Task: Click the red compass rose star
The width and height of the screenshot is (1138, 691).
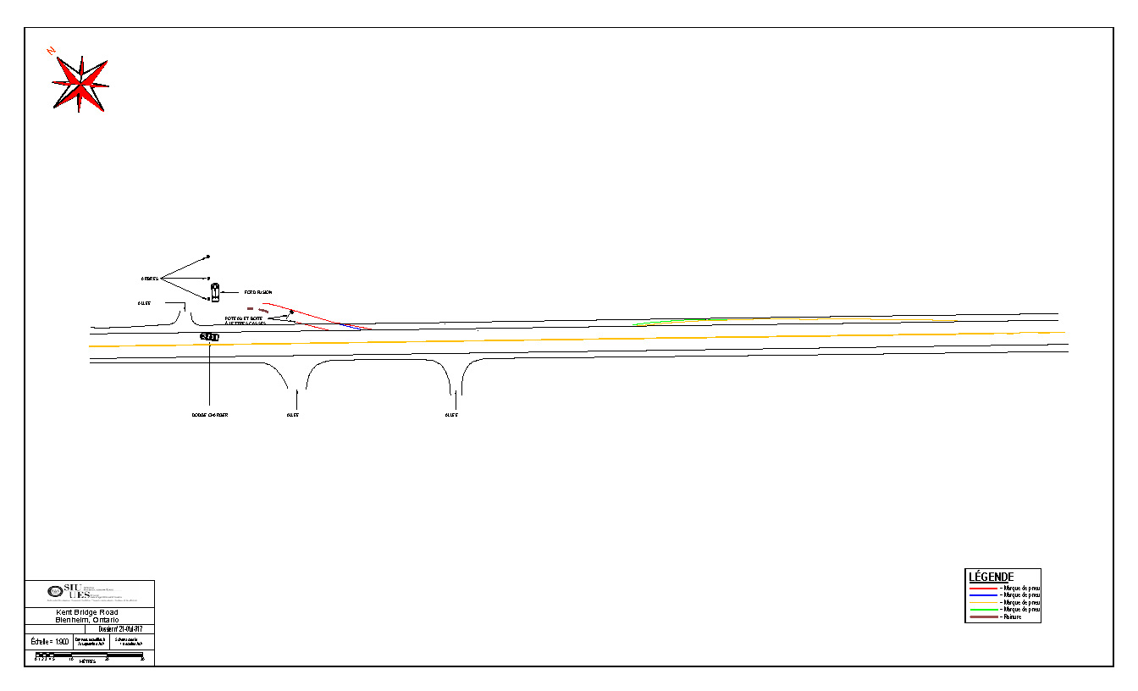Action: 80,84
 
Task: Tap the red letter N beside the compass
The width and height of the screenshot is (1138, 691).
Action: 52,52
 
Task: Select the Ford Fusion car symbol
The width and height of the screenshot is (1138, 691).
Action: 215,293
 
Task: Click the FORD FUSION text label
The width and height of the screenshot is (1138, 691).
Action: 258,292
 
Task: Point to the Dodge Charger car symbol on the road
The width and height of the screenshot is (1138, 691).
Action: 209,337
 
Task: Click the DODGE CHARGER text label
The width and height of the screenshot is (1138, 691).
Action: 209,415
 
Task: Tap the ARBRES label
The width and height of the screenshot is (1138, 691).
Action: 149,279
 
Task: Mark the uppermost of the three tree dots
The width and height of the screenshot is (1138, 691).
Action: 207,257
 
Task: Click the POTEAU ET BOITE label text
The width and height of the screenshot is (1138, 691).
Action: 244,319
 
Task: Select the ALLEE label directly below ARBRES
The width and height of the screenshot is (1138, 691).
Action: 144,302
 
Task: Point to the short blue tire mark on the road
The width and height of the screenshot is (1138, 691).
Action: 356,327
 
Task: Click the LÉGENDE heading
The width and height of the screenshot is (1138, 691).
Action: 991,577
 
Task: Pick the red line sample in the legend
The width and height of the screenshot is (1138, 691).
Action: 983,588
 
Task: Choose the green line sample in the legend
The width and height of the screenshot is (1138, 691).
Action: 983,610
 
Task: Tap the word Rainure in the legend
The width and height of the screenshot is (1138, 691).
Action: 1011,616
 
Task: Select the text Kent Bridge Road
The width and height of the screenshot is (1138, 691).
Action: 87,612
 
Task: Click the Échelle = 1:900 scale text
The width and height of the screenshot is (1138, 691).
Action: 49,642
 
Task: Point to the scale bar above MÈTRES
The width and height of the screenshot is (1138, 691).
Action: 89,656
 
